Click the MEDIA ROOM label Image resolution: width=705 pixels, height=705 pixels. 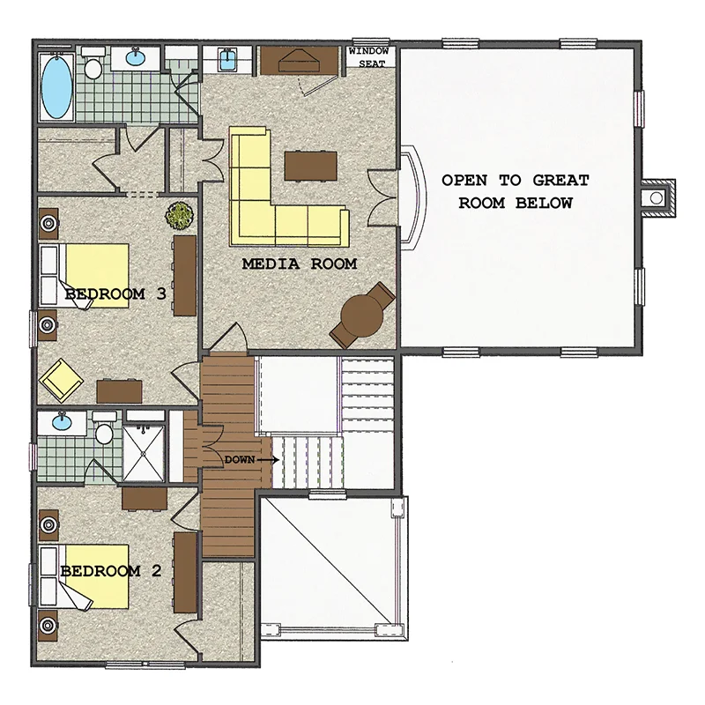[x=300, y=263]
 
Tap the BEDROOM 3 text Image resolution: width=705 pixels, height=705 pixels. [x=115, y=294]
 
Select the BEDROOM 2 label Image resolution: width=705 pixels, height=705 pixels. [x=111, y=571]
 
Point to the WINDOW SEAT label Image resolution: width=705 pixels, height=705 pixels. [x=368, y=57]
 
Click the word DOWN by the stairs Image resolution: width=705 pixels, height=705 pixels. [x=239, y=459]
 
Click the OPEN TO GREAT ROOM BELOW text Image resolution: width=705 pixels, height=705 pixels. [x=516, y=191]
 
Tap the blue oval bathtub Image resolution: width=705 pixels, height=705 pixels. [x=56, y=87]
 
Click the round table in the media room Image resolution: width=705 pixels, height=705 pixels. [x=362, y=315]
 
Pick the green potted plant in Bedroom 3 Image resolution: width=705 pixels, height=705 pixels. [x=180, y=215]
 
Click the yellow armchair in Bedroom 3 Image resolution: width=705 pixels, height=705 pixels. [x=61, y=381]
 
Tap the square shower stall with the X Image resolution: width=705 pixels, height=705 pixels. [x=144, y=454]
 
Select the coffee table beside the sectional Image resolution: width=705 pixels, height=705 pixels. [x=311, y=167]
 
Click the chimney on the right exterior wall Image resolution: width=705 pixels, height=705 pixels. [x=658, y=197]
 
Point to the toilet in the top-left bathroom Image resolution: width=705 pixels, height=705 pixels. [x=93, y=63]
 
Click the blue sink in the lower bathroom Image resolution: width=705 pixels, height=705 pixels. [x=62, y=422]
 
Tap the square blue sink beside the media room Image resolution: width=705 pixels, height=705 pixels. [x=227, y=59]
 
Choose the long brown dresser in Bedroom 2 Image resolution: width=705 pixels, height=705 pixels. [x=185, y=572]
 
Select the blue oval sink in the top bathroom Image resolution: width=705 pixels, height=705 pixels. [x=136, y=57]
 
